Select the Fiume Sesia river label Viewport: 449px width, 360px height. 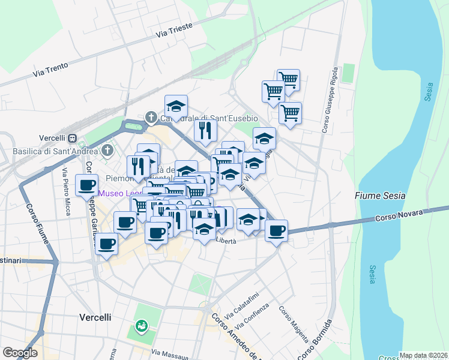click(x=379, y=196)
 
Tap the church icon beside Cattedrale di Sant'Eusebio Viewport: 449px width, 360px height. click(x=151, y=117)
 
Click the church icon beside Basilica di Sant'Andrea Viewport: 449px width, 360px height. click(x=107, y=149)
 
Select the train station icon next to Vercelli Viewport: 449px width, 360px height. click(x=72, y=138)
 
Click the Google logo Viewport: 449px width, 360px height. click(x=20, y=352)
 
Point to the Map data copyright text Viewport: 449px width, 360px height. click(x=423, y=355)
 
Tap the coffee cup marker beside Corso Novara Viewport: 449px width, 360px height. click(x=277, y=230)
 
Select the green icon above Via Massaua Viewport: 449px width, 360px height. click(x=141, y=326)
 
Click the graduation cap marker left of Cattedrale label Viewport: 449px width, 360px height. click(x=176, y=106)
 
